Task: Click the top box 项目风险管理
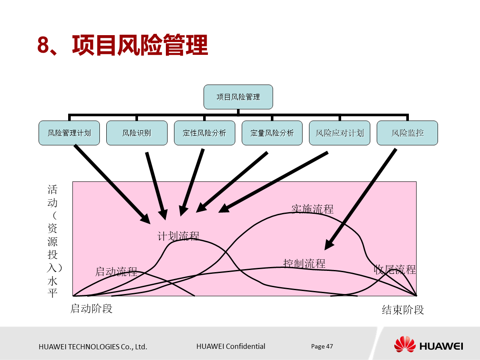(x=238, y=97)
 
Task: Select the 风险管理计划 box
(x=69, y=133)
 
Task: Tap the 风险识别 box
(x=137, y=133)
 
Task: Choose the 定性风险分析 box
(x=204, y=133)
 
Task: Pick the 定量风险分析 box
(x=272, y=133)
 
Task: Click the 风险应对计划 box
(x=339, y=133)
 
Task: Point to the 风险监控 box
(x=407, y=133)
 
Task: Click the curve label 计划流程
(x=178, y=236)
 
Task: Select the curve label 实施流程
(x=312, y=209)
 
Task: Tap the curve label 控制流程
(x=304, y=263)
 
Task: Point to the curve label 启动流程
(x=116, y=271)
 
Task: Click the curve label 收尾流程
(x=395, y=269)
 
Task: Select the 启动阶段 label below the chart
(x=91, y=308)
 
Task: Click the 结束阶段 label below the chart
(x=403, y=310)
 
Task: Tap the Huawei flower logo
(x=405, y=345)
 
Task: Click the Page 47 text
(x=322, y=346)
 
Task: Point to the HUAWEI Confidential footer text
(x=231, y=346)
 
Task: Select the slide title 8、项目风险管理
(x=123, y=45)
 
